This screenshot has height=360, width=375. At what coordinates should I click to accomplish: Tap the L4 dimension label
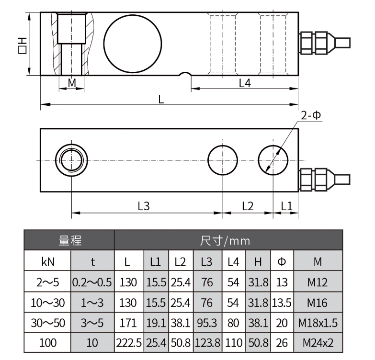(x=245, y=83)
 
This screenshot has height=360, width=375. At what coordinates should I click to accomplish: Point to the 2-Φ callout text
(x=311, y=115)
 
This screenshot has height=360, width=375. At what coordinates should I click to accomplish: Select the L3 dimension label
(x=144, y=206)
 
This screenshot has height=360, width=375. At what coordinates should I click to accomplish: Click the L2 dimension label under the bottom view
(x=248, y=206)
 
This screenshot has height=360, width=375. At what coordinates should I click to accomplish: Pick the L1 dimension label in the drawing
(x=286, y=206)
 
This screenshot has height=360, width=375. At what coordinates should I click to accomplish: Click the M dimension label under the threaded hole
(x=72, y=83)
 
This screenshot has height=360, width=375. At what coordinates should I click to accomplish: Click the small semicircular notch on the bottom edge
(x=185, y=72)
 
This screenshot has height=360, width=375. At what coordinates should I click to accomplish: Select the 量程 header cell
(x=69, y=240)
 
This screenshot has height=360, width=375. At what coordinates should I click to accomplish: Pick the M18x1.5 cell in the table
(x=318, y=323)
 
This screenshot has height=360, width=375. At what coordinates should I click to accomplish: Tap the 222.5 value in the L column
(x=129, y=343)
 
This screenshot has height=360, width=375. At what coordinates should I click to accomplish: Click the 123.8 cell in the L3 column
(x=207, y=343)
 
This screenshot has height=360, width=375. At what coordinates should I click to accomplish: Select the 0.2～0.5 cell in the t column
(x=92, y=282)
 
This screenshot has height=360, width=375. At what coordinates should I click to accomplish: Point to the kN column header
(x=48, y=261)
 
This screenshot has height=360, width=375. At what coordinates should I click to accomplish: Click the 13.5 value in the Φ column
(x=282, y=303)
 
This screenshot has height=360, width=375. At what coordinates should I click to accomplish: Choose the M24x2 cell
(x=318, y=343)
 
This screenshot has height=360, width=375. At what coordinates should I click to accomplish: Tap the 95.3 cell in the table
(x=207, y=323)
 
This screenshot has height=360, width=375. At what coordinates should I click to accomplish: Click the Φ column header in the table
(x=282, y=261)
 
